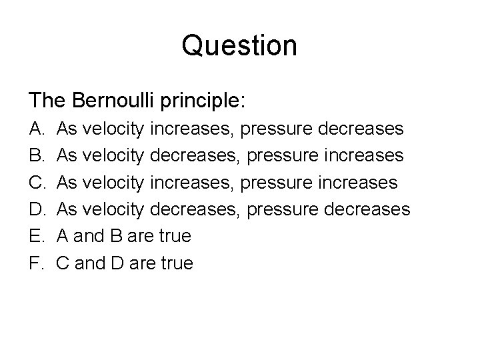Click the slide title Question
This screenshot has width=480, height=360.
click(x=239, y=46)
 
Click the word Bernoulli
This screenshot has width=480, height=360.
click(x=111, y=101)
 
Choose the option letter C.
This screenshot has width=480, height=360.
click(x=35, y=182)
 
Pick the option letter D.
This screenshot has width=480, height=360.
click(x=35, y=209)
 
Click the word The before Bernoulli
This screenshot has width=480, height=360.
click(x=46, y=101)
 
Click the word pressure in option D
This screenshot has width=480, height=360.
click(x=277, y=210)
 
